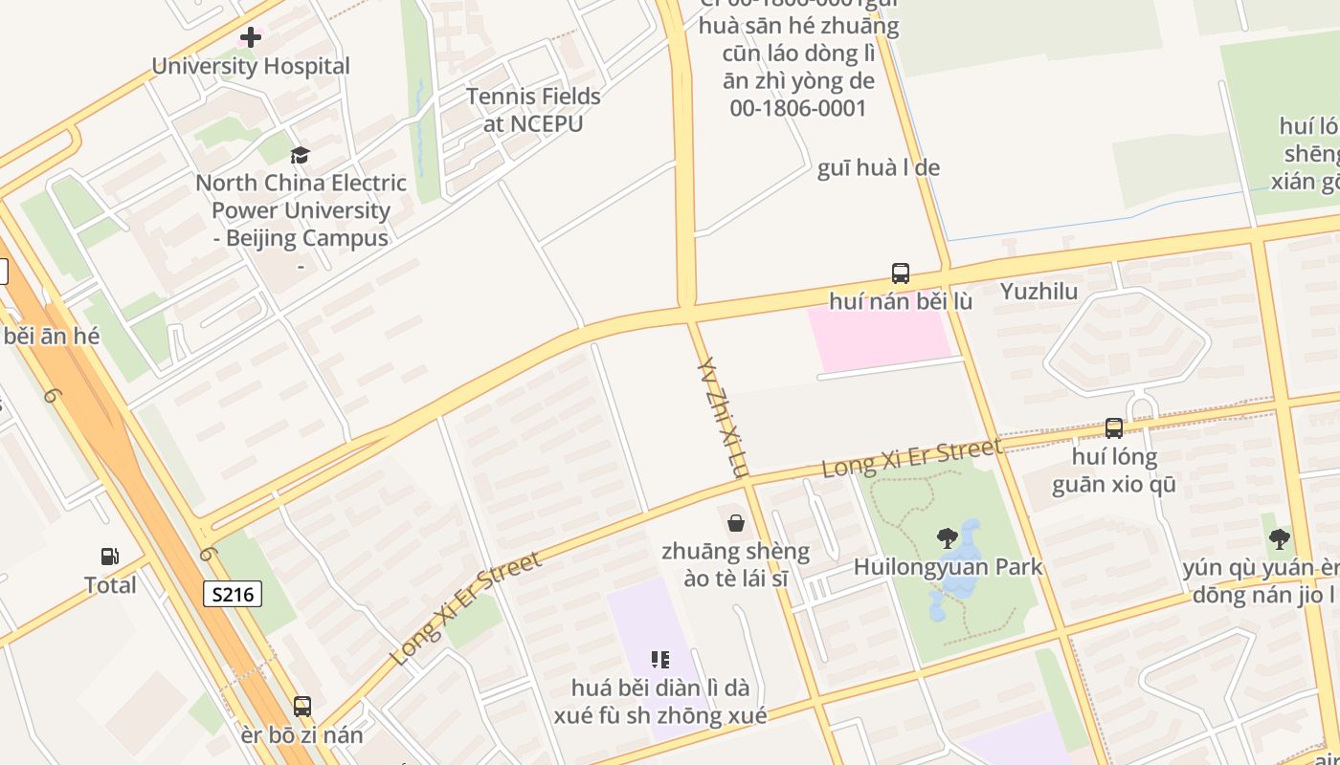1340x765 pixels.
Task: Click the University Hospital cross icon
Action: pos(251,37)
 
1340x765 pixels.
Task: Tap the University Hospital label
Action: pos(251,66)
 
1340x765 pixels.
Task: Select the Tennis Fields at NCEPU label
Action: pos(533,110)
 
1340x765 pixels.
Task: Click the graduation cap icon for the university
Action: pos(301,155)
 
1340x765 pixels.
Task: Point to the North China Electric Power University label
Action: pos(301,210)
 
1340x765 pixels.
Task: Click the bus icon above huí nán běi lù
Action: pos(901,273)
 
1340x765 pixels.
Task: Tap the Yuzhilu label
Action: pos(1038,292)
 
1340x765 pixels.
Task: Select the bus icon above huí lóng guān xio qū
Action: pos(1114,428)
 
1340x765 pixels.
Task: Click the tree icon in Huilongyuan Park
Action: pos(948,538)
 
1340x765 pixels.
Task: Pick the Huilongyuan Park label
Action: pos(948,566)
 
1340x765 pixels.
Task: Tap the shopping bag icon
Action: pos(736,523)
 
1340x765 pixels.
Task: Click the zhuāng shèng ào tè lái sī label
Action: pos(736,565)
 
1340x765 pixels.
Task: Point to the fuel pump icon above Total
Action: pos(110,557)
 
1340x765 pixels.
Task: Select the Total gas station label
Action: pos(110,585)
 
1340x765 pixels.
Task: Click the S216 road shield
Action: pos(233,594)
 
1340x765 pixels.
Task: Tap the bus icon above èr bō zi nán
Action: pos(302,707)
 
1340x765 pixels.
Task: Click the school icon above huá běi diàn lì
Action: pos(659,659)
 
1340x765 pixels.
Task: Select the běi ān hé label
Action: pos(52,337)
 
